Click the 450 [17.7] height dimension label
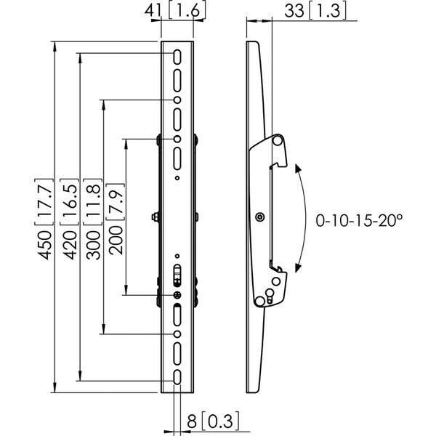(44, 219)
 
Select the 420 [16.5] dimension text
(69, 219)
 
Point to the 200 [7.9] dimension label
(116, 219)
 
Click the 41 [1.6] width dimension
(175, 10)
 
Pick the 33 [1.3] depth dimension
(315, 11)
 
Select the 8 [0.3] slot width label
(213, 421)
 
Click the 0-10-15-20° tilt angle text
(359, 220)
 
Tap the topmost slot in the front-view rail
(177, 57)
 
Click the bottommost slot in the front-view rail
(177, 377)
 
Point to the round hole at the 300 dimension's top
(177, 100)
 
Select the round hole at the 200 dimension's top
(177, 139)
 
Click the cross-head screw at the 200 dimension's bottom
(177, 295)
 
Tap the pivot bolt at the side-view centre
(259, 217)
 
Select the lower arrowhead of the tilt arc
(297, 267)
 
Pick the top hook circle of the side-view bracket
(278, 140)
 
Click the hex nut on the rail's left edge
(155, 217)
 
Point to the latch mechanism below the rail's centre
(177, 275)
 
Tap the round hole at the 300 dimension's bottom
(177, 334)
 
